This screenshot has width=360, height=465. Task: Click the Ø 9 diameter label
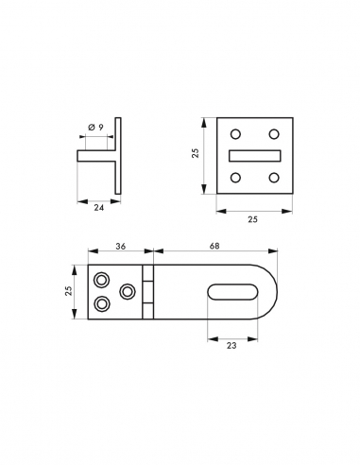(x=96, y=128)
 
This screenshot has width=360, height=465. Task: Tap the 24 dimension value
(x=99, y=208)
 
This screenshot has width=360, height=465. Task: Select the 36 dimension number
(x=121, y=247)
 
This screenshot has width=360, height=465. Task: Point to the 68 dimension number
(x=214, y=246)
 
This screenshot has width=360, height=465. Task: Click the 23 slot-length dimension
(x=231, y=346)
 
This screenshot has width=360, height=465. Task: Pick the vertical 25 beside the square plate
(x=196, y=153)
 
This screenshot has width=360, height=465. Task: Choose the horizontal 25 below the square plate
(x=252, y=219)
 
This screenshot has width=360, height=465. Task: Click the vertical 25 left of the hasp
(x=68, y=290)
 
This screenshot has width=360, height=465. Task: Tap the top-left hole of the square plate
(x=235, y=134)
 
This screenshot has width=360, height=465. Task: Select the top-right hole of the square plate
(x=274, y=134)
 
